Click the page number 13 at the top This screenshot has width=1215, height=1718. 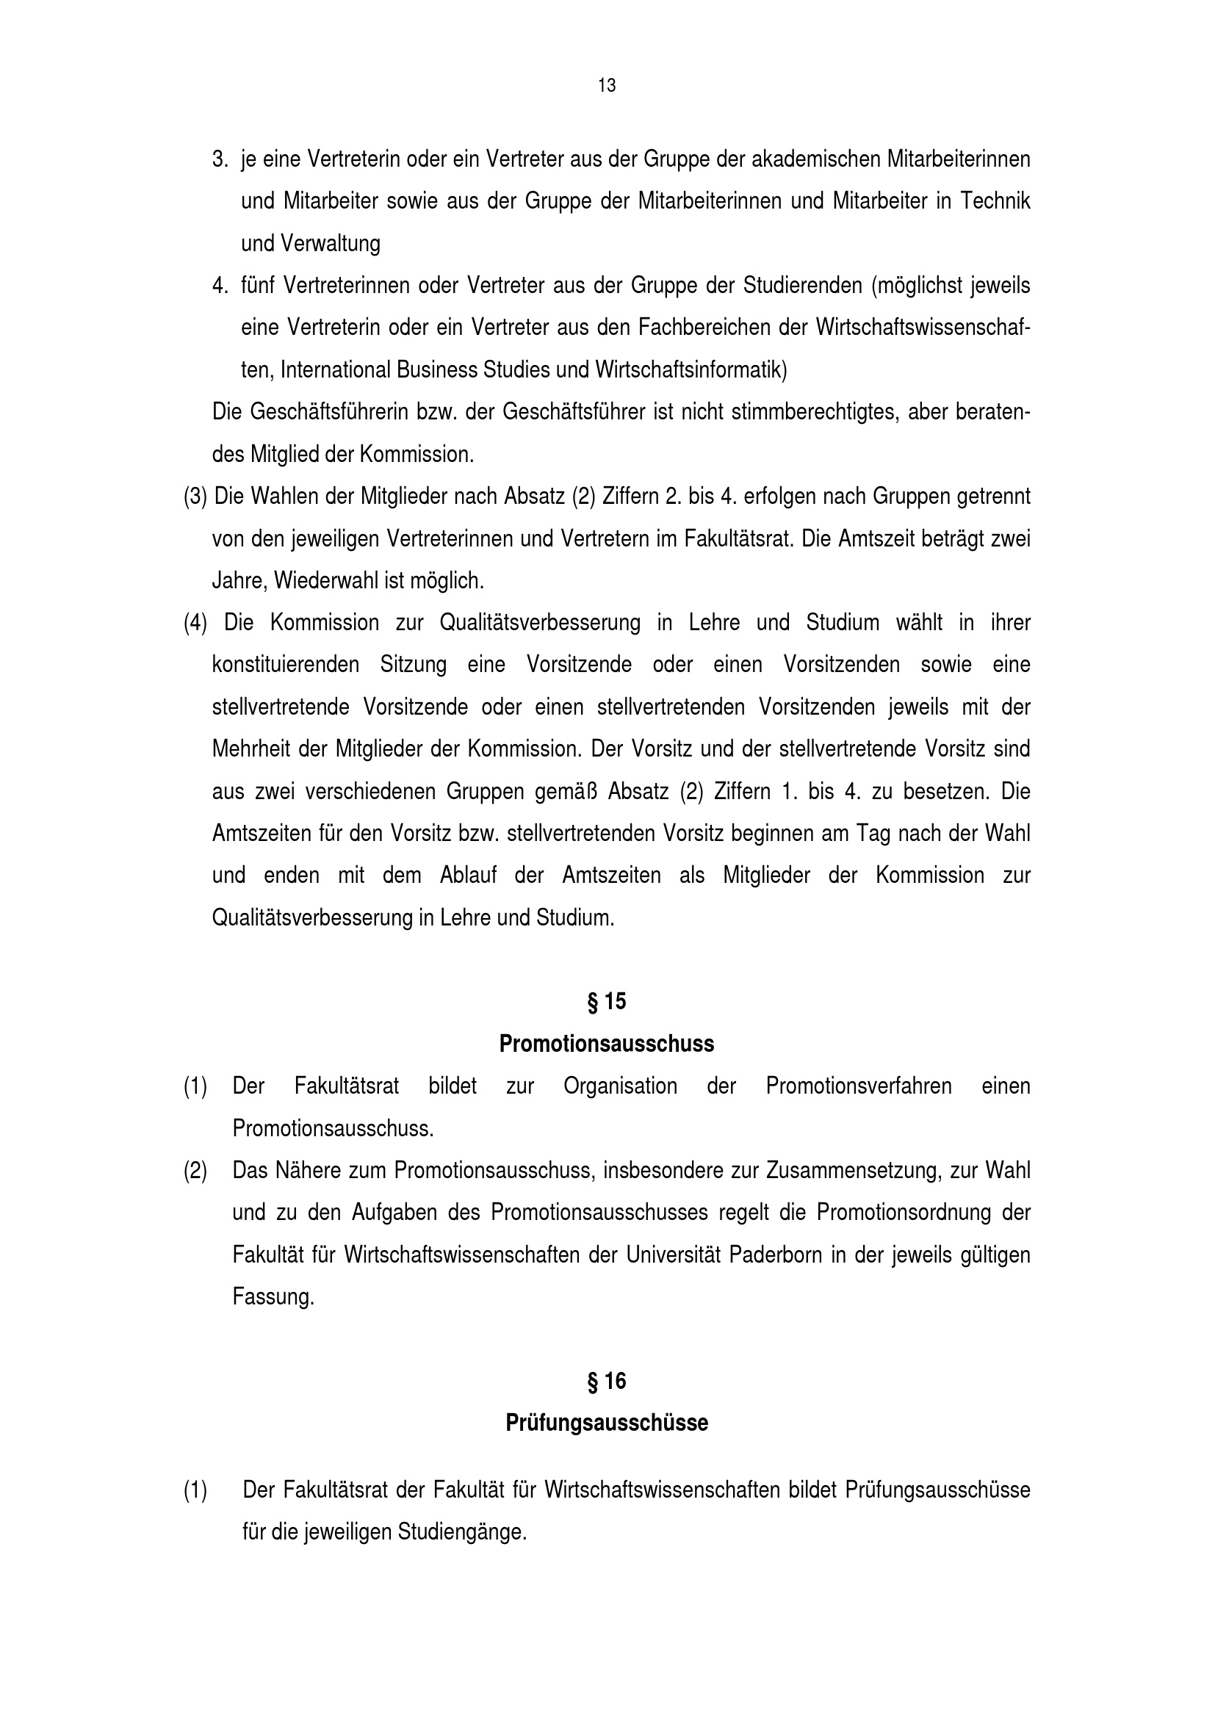tap(607, 86)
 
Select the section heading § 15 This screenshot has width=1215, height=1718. tap(607, 1001)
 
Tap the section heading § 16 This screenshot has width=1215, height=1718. tap(607, 1381)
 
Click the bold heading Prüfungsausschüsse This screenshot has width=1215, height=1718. tap(607, 1423)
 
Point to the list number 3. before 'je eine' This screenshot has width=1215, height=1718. tap(220, 159)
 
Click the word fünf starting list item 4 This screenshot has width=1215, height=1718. tap(258, 286)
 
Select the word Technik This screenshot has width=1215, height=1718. tap(995, 201)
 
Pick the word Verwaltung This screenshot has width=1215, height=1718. tap(330, 243)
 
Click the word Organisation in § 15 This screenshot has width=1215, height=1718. tap(620, 1086)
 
